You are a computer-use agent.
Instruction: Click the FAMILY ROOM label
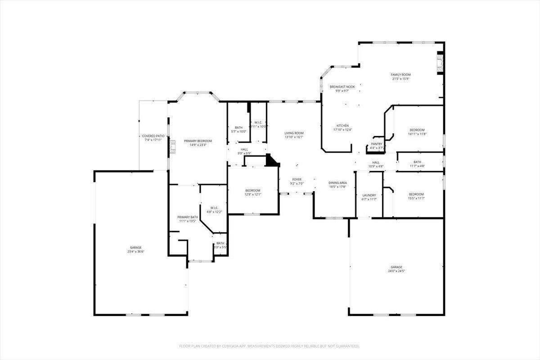(x=400, y=75)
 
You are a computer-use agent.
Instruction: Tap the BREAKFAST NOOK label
(x=342, y=87)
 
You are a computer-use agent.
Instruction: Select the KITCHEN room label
(x=342, y=126)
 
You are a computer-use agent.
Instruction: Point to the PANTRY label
(x=376, y=144)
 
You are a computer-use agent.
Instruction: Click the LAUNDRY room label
(x=369, y=195)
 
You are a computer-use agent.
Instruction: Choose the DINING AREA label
(x=337, y=183)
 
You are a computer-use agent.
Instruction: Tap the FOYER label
(x=297, y=179)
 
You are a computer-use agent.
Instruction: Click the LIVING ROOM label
(x=294, y=133)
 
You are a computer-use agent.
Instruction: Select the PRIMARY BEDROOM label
(x=198, y=141)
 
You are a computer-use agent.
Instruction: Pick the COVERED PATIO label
(x=153, y=136)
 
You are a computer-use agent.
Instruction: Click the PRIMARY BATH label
(x=188, y=217)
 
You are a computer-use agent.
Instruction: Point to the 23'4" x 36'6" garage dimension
(x=135, y=252)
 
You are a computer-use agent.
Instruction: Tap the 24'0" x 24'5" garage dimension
(x=396, y=271)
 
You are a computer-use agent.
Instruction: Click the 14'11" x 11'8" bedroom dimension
(x=417, y=134)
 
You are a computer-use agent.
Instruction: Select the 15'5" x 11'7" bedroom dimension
(x=416, y=198)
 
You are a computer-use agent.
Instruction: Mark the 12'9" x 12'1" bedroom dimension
(x=252, y=194)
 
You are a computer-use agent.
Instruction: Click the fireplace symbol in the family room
(x=441, y=63)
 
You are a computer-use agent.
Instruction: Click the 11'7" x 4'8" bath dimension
(x=417, y=166)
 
